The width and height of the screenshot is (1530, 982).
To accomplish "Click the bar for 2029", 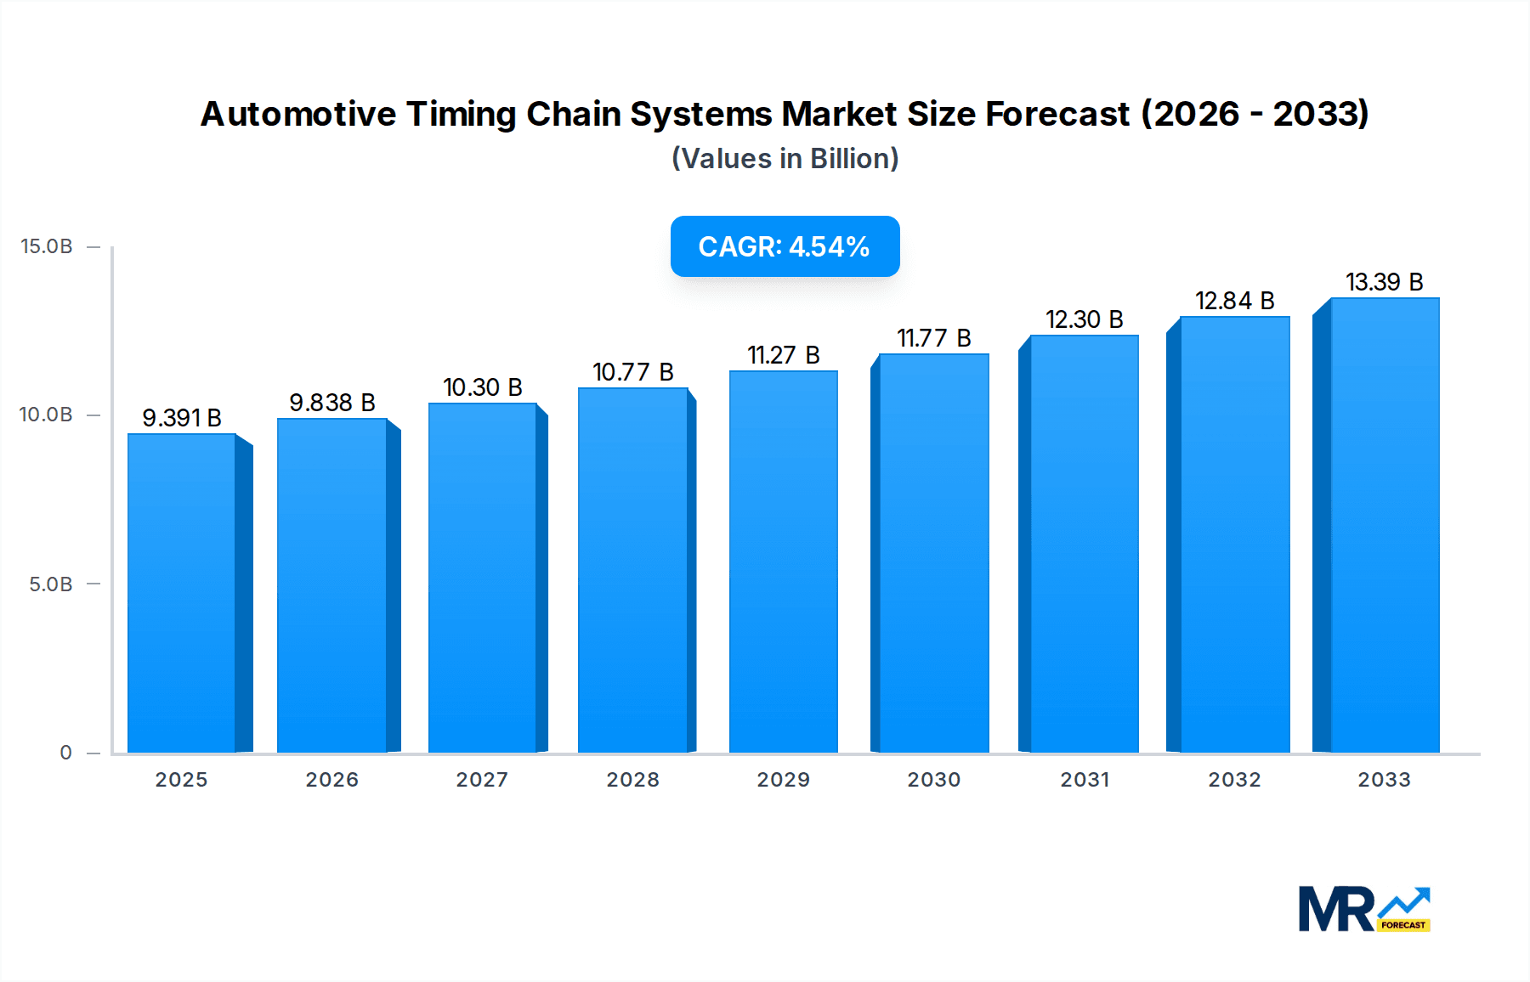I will tap(783, 561).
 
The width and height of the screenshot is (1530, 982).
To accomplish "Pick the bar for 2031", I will tap(1084, 544).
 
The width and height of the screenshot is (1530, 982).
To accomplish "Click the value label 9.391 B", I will tap(182, 418).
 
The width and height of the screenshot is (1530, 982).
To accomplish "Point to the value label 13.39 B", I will tap(1384, 282).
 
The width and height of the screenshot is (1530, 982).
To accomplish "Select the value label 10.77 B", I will tap(633, 372).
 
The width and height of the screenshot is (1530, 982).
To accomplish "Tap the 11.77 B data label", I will tap(933, 338).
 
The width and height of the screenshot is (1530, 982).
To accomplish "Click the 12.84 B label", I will tap(1234, 301).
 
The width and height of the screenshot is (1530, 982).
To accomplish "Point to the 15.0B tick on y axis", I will tap(47, 246).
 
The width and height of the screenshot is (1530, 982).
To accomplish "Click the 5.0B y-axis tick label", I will tap(51, 584).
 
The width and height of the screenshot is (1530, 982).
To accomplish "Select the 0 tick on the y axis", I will tap(65, 753).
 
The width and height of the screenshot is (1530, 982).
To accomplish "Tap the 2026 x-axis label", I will tap(331, 780).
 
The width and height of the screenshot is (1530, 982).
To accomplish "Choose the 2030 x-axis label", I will tap(933, 780).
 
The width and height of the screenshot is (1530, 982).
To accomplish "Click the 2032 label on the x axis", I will tap(1234, 780).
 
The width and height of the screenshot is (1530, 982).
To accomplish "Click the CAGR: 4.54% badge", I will tap(785, 246).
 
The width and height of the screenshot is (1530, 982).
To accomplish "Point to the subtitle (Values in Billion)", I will tap(785, 159).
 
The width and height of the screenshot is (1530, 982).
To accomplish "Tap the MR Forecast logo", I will tap(1363, 909).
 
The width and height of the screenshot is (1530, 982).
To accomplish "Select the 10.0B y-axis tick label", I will tap(47, 415).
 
